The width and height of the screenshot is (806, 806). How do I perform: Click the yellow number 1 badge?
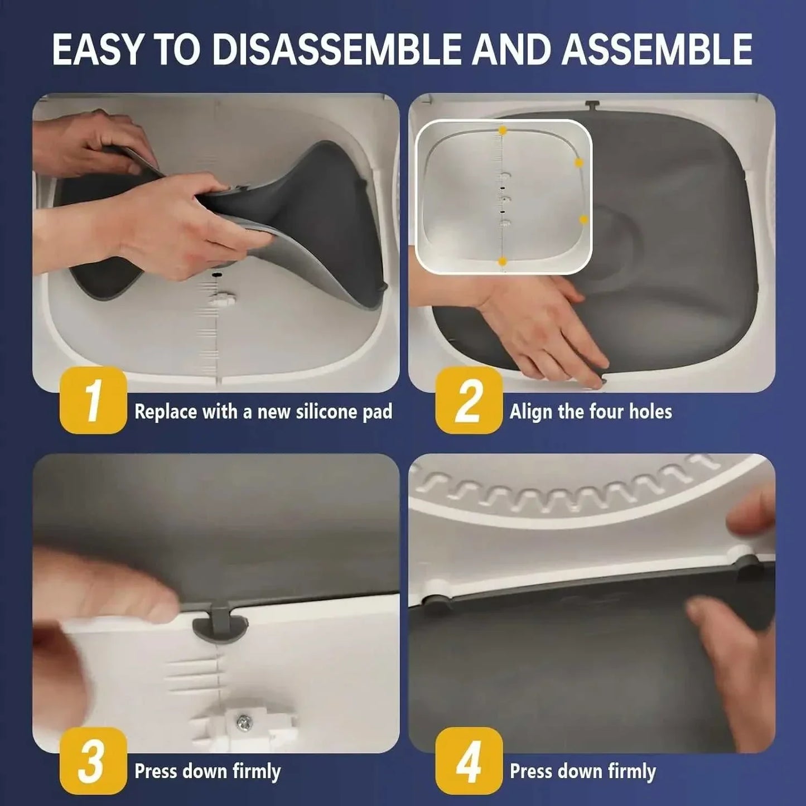click(x=93, y=400)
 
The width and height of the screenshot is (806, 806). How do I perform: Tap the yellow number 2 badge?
click(x=468, y=400)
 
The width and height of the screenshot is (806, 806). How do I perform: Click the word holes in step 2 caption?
click(x=650, y=412)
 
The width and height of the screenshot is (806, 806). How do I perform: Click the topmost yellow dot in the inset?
click(x=503, y=131)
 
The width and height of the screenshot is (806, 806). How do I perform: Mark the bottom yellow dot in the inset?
click(x=503, y=260)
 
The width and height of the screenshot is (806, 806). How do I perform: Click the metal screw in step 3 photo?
click(x=244, y=722)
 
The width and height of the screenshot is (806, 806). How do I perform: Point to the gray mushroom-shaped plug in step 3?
click(x=218, y=626)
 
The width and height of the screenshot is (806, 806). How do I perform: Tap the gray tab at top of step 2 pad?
click(x=592, y=105)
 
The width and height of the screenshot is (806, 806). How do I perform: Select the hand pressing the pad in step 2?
click(x=535, y=324)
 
